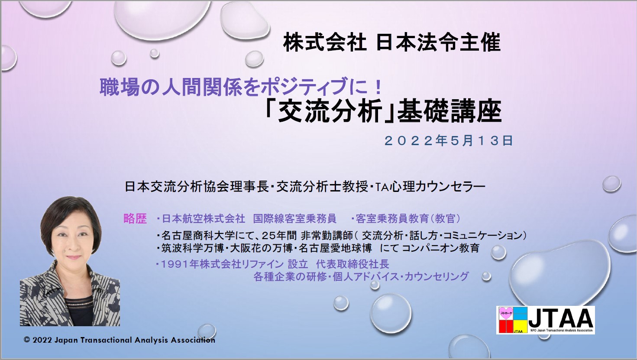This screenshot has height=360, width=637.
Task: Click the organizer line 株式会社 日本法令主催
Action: point(391,43)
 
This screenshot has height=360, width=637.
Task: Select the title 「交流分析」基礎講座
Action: point(382,112)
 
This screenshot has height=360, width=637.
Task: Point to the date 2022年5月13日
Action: point(449,141)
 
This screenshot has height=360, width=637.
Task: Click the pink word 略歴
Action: point(135,219)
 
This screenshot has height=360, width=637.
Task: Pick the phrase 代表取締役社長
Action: point(352,264)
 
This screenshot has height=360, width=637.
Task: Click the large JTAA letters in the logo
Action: point(561,318)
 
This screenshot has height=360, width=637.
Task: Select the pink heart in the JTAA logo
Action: point(506,312)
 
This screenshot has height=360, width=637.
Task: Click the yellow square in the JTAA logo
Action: point(520,326)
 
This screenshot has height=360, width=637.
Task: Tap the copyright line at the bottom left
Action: point(120,340)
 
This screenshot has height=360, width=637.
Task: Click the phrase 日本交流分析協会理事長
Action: point(197,187)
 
